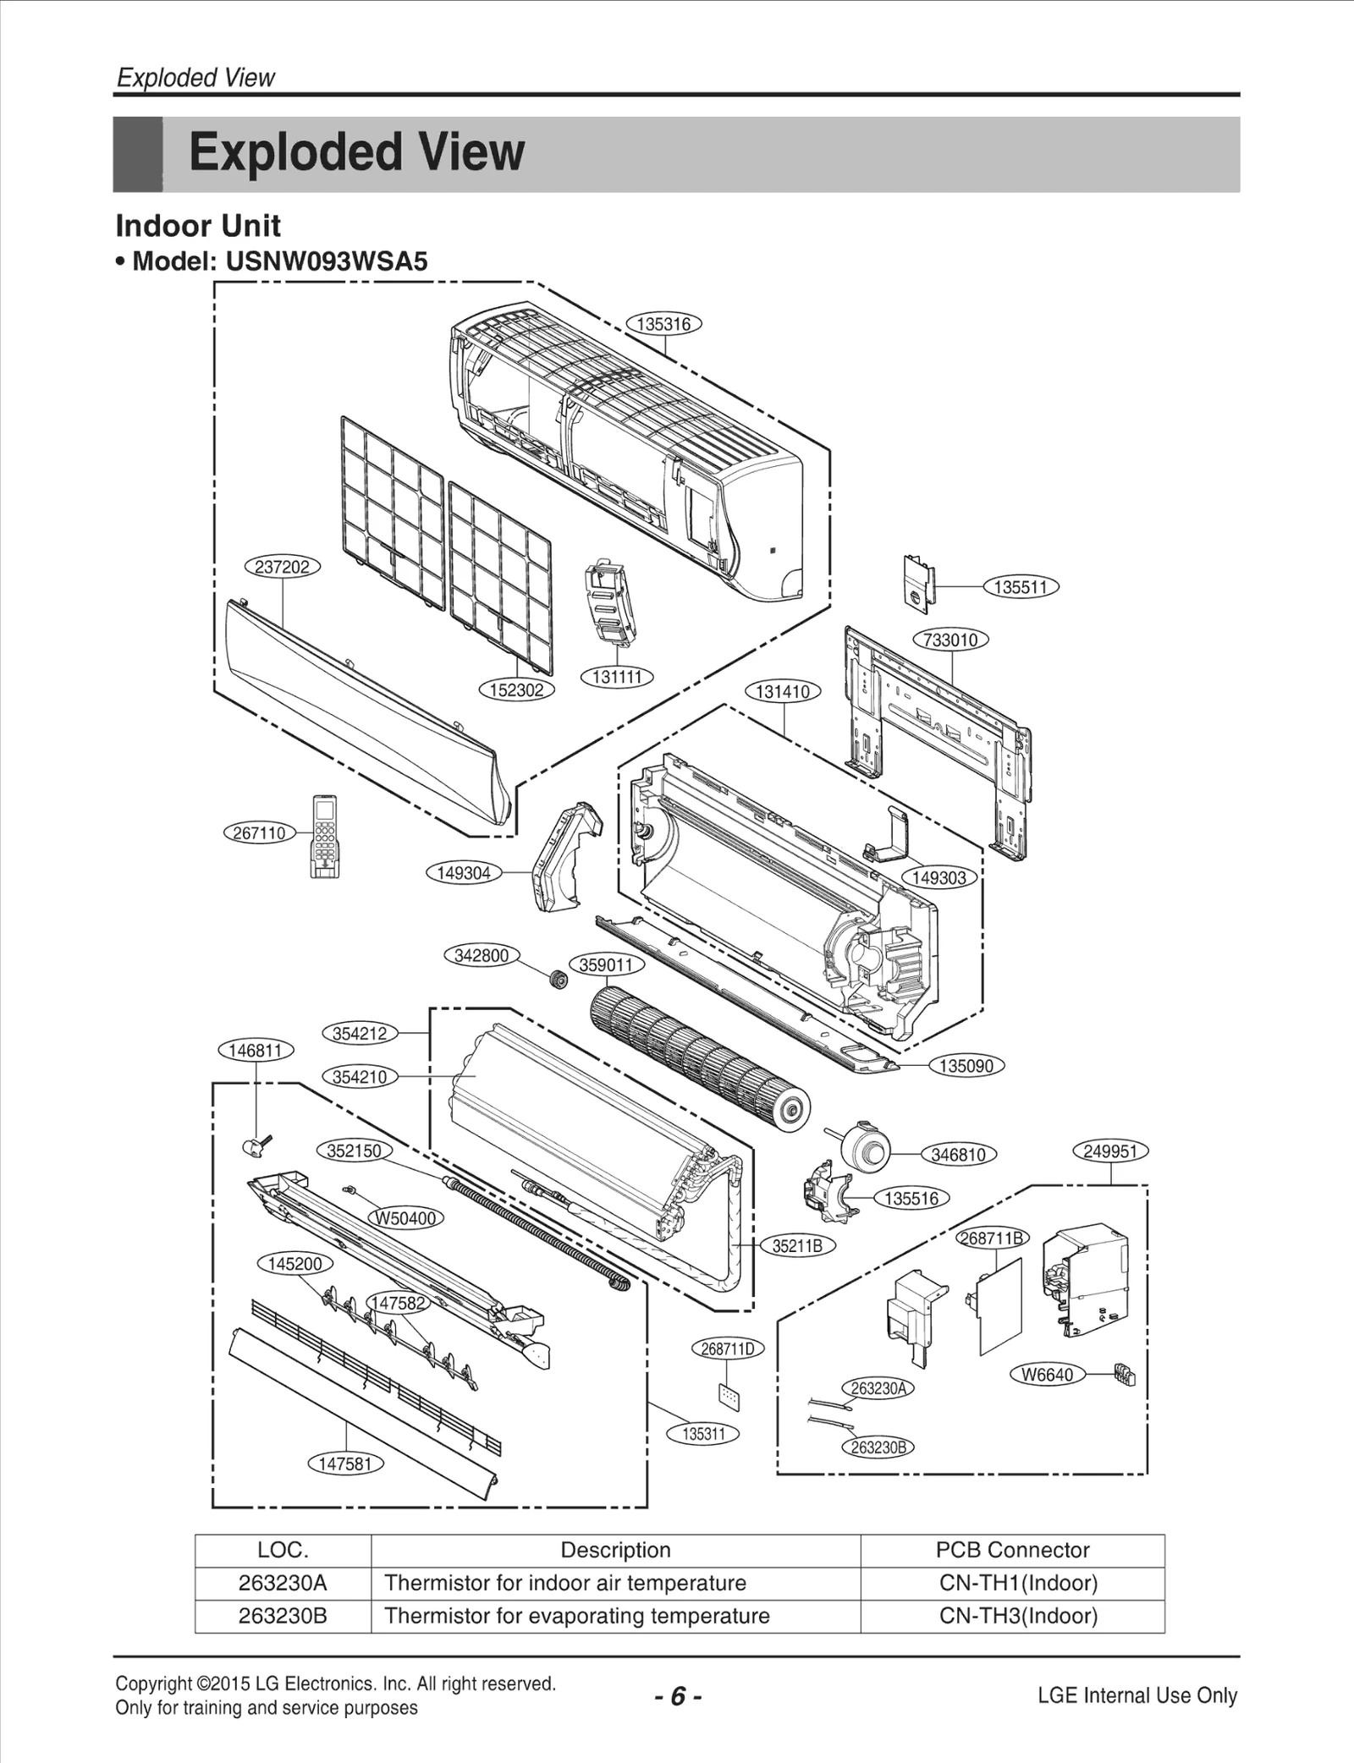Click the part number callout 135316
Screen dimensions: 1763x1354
pos(664,324)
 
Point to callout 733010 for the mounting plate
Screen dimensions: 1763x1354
pos(951,640)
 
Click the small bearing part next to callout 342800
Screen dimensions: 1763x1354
pos(557,980)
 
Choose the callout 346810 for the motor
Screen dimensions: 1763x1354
pos(958,1154)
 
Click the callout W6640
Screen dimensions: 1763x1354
pos(1047,1375)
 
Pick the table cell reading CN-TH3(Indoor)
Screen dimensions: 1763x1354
pos(1018,1616)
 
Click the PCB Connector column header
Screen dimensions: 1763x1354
pos(1012,1550)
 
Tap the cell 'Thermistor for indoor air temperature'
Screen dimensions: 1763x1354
pos(565,1583)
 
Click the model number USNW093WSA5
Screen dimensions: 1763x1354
pos(327,261)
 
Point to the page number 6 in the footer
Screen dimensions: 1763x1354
pos(677,1697)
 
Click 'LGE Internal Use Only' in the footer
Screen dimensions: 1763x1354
pos(1137,1695)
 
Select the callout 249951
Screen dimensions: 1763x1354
pos(1110,1151)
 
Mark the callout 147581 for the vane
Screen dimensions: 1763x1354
pos(345,1464)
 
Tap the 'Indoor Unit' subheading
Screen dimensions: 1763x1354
pos(198,226)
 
